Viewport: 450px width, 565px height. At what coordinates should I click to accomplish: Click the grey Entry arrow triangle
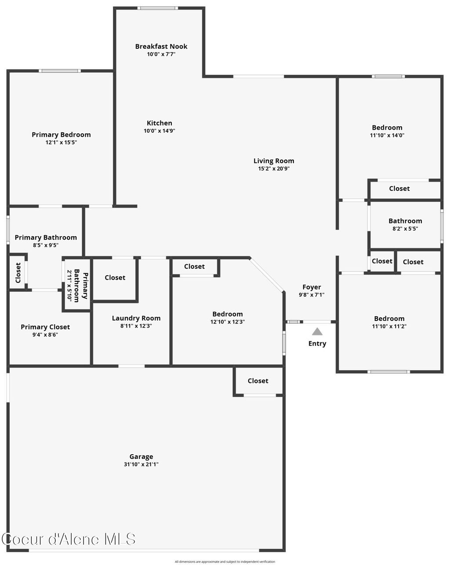[317, 332]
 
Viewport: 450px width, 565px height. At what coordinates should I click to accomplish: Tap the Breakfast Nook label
[161, 46]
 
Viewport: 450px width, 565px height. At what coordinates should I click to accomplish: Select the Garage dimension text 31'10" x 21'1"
[141, 464]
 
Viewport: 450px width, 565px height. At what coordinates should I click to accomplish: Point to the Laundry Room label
[136, 318]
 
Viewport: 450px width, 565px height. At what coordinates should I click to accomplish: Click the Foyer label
[312, 287]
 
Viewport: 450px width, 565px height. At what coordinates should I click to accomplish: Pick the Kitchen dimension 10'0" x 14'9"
[160, 131]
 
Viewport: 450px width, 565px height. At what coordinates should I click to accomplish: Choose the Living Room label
[274, 160]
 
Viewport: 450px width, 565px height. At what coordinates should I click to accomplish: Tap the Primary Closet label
[45, 327]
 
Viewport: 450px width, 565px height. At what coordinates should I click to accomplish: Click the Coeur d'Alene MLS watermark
[69, 539]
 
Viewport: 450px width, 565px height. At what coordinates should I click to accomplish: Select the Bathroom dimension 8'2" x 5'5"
[405, 229]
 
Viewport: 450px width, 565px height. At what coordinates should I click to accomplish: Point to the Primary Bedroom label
[61, 135]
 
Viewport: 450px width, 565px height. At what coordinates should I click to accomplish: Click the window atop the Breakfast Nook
[158, 8]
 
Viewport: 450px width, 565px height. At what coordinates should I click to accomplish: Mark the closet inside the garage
[258, 381]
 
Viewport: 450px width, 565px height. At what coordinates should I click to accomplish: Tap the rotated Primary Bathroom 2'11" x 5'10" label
[77, 285]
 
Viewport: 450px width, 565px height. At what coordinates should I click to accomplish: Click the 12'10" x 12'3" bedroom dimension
[228, 322]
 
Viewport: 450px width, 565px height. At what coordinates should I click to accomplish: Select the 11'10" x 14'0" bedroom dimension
[387, 135]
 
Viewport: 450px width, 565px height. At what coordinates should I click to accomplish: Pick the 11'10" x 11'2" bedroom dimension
[389, 326]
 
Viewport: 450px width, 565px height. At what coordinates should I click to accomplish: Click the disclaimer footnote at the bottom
[225, 561]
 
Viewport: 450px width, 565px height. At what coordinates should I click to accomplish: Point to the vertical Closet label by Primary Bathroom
[18, 273]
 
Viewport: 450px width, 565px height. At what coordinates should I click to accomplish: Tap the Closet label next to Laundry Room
[115, 277]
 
